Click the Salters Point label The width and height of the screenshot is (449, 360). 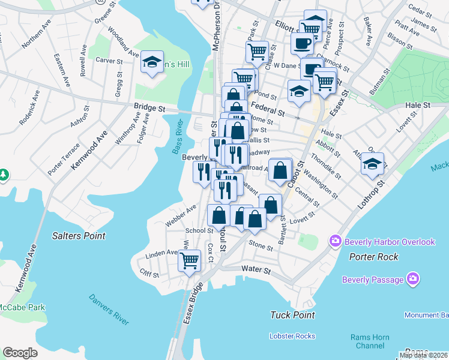[78, 236]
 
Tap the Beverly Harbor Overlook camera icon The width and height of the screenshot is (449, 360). [336, 241]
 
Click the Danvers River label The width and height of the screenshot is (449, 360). [109, 309]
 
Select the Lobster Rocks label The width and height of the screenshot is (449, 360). [292, 335]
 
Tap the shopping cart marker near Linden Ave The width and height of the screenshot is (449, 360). [190, 260]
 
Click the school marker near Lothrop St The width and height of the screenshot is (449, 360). [372, 163]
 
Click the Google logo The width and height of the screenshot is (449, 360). [20, 353]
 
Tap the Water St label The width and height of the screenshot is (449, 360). [256, 271]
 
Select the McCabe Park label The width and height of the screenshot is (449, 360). [22, 307]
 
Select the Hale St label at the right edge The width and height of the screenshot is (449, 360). [418, 104]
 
